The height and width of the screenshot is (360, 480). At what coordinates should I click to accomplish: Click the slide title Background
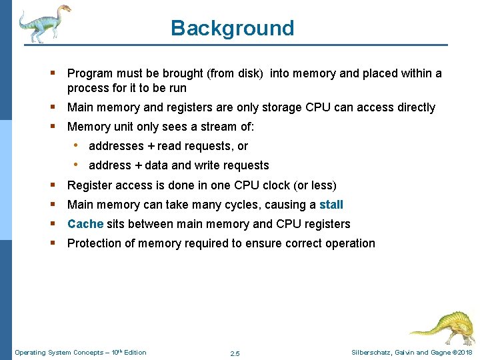click(232, 28)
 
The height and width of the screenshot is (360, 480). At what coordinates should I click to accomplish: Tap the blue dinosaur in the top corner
click(44, 23)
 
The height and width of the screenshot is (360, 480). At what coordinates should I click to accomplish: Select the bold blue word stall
click(331, 205)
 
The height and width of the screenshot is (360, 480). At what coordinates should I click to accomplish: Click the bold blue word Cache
click(85, 224)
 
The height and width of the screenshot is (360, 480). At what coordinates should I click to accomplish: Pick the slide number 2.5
click(235, 353)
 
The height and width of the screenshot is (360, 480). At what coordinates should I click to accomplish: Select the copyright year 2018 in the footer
click(464, 353)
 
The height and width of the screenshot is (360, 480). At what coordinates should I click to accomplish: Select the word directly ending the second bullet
click(413, 107)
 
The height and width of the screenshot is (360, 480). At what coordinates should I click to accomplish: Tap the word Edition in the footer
click(135, 353)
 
